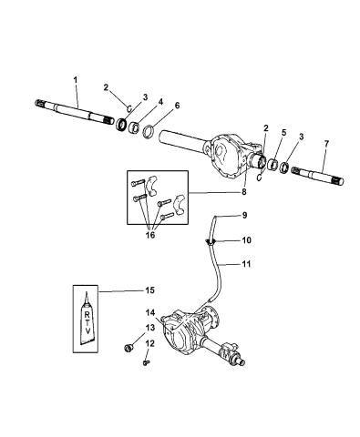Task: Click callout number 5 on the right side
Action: (284, 132)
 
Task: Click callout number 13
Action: (151, 327)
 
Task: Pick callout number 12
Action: (151, 344)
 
